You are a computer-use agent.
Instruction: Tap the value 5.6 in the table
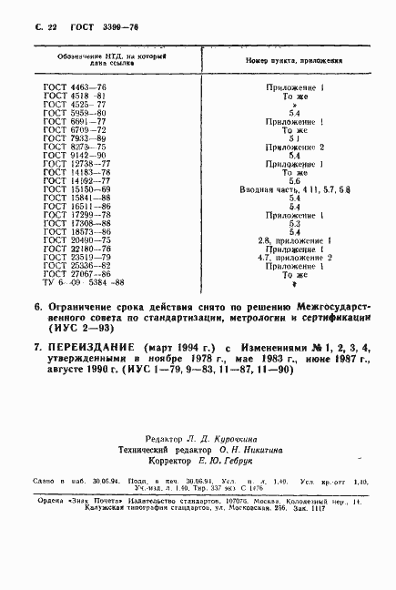click(294, 180)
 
